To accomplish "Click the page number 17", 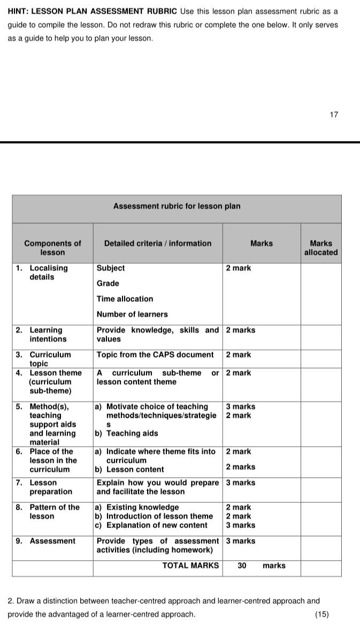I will pos(334,115).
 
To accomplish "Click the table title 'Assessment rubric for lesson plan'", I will pos(177,207).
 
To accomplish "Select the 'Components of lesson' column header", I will pos(52,248).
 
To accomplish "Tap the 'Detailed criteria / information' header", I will pos(158,243).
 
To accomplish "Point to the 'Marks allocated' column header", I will pos(321,248).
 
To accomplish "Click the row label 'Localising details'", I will pos(48,272).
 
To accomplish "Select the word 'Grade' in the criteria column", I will pos(108,284).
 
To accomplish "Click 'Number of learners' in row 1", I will pos(132,315).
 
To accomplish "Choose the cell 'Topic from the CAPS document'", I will pos(155,355).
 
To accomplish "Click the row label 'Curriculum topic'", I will pos(49,359).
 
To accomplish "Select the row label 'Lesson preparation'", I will pos(50,487).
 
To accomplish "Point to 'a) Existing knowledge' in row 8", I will pos(137,507).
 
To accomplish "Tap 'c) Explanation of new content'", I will pos(151,525).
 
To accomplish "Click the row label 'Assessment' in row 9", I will pos(52,541).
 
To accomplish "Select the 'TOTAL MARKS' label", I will pos(190,566).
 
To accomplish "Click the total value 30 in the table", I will pos(242,566).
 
